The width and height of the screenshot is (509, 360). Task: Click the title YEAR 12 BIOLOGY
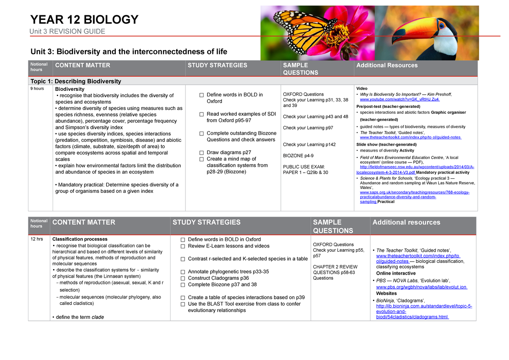pos(84,20)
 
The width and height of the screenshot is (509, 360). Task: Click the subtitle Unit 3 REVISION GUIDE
pos(67,32)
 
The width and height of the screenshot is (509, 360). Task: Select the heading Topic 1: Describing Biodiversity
pos(75,81)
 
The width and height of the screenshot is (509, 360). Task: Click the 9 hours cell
pos(37,89)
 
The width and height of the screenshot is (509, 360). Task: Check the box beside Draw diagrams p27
pos(201,153)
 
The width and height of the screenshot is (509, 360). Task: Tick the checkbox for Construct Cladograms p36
pos(183,278)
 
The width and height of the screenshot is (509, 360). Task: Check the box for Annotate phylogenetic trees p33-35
pos(183,272)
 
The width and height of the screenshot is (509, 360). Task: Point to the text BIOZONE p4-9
pos(298,156)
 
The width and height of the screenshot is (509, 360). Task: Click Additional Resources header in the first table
pos(387,65)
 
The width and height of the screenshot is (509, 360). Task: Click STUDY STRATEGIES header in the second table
pos(206,222)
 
